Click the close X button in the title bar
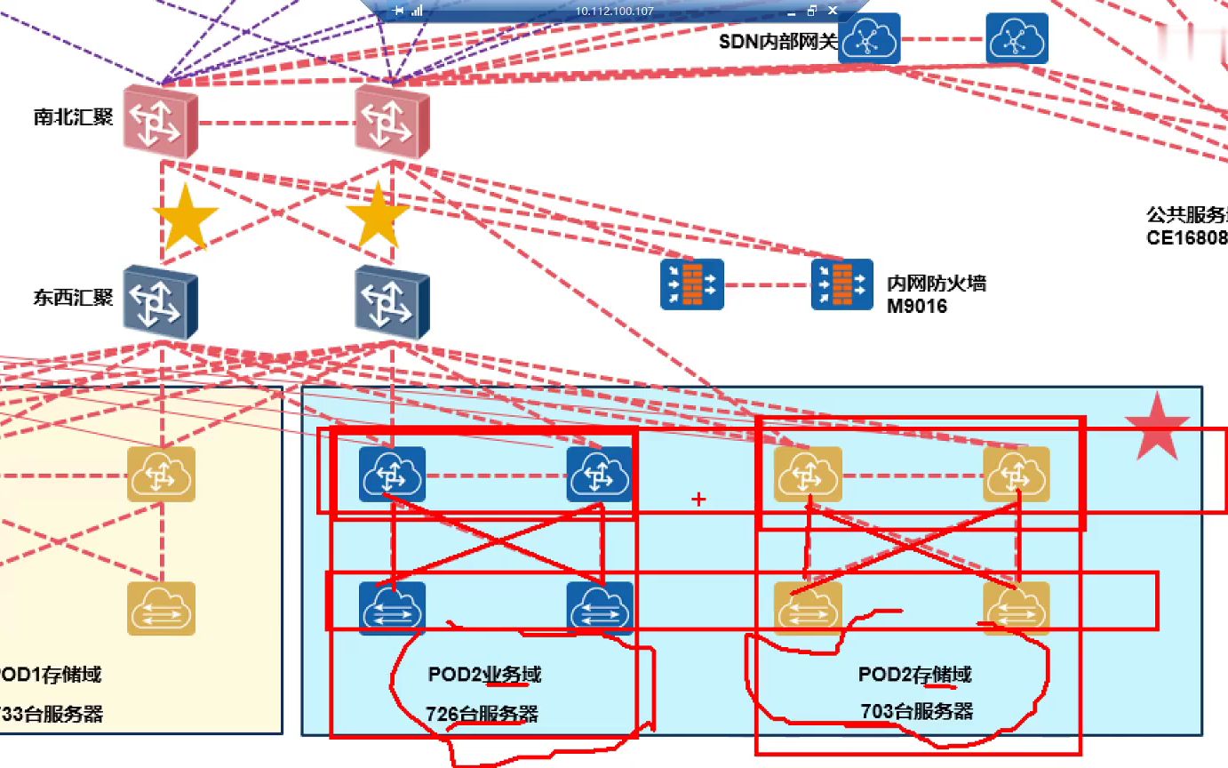(833, 11)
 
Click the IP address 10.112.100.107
(602, 11)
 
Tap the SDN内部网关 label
(778, 41)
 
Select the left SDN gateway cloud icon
(869, 39)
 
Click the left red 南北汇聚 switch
(159, 120)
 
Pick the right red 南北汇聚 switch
(392, 120)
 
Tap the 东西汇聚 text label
(74, 297)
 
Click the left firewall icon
(692, 284)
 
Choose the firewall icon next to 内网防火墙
(842, 284)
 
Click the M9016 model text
(917, 307)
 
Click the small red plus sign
(698, 500)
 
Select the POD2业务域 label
(484, 675)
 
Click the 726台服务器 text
(482, 714)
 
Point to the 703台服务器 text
(916, 711)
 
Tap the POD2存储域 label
(914, 675)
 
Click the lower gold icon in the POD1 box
(161, 608)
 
